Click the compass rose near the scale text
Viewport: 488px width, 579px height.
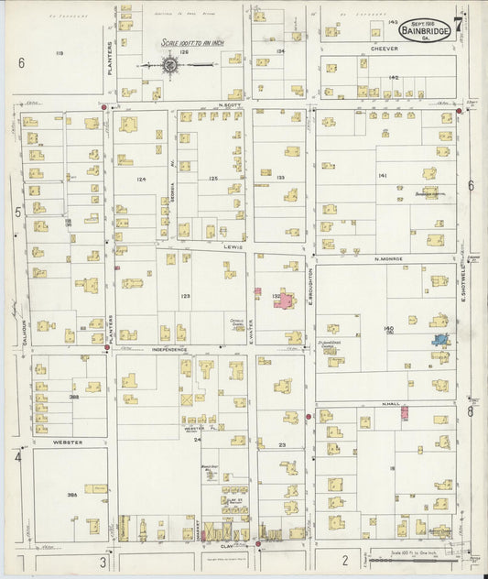[171, 65]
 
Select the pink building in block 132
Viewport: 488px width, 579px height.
[286, 300]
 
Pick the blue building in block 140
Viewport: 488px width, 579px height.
[441, 341]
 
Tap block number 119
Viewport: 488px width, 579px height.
[60, 55]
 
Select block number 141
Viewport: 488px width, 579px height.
[382, 175]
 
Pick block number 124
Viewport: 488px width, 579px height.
[141, 180]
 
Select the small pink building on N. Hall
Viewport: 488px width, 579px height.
[404, 414]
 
